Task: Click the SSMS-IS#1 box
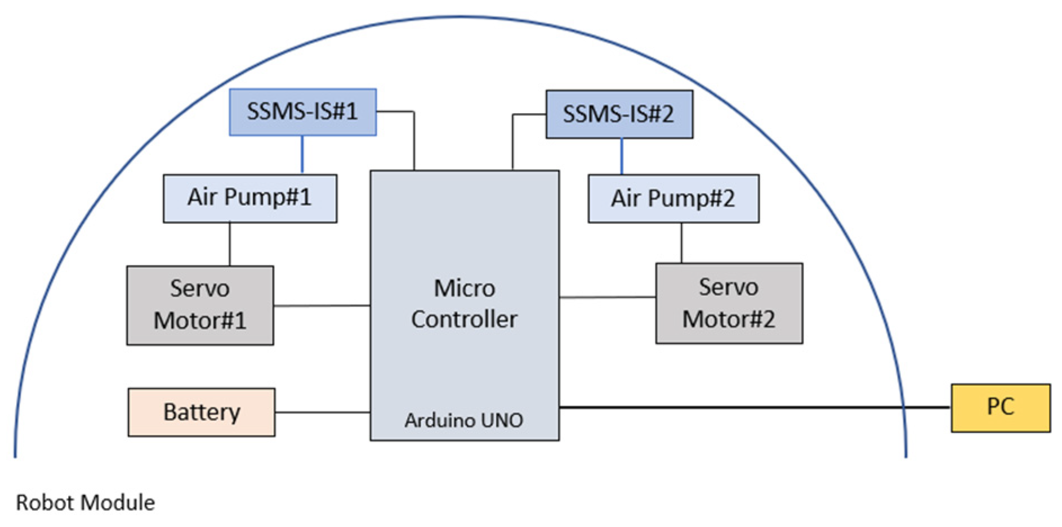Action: (x=302, y=112)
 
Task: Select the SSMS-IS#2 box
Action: (x=619, y=114)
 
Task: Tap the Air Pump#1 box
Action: (x=249, y=198)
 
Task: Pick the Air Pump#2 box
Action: (x=673, y=199)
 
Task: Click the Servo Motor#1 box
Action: (x=200, y=305)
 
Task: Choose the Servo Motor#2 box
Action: (x=729, y=303)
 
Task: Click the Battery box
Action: (x=201, y=412)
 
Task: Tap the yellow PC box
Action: (x=1000, y=408)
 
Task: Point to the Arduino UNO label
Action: (x=463, y=420)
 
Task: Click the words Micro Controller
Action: (x=464, y=304)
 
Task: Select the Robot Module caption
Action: (x=85, y=502)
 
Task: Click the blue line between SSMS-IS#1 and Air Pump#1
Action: (x=302, y=155)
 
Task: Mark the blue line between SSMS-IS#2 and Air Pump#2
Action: (x=622, y=156)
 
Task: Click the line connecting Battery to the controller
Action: (x=322, y=412)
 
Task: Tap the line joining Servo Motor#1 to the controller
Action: (x=322, y=306)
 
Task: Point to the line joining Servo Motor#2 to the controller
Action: (x=607, y=297)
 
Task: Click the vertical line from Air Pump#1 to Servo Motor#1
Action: (x=230, y=244)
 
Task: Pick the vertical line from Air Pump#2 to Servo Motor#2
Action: (x=681, y=242)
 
